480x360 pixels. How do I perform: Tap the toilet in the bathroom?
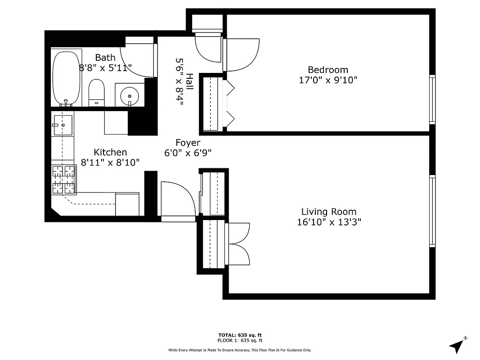(x=96, y=92)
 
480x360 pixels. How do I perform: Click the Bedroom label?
(x=328, y=70)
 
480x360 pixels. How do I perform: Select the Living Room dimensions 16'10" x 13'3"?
(x=329, y=222)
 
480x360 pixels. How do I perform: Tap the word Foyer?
(x=188, y=143)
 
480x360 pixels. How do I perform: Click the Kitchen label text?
(x=110, y=152)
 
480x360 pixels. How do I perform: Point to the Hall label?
(x=190, y=82)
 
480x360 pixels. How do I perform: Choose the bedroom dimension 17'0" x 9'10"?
(x=328, y=80)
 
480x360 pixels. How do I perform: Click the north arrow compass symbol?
(x=457, y=345)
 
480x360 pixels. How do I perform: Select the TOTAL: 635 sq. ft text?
(x=240, y=335)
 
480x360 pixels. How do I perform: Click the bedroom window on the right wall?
(x=432, y=100)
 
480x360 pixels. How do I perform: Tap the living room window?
(x=432, y=211)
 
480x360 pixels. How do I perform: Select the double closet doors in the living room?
(x=239, y=243)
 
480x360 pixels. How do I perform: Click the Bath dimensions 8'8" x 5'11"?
(x=105, y=68)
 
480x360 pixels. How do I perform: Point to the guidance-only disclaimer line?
(x=240, y=350)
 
